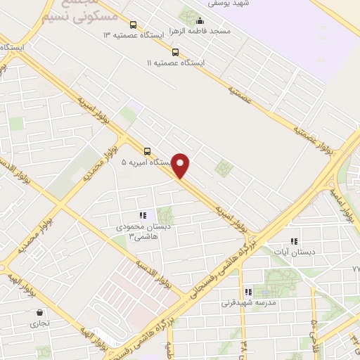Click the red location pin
tap(181, 165)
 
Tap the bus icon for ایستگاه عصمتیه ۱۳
tap(134, 25)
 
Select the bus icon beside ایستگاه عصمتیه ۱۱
tap(175, 51)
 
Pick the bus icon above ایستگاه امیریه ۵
tap(147, 151)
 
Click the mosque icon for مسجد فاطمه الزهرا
tap(200, 21)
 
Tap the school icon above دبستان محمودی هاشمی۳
tap(142, 215)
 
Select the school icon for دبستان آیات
tap(293, 241)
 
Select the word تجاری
tap(37, 324)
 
